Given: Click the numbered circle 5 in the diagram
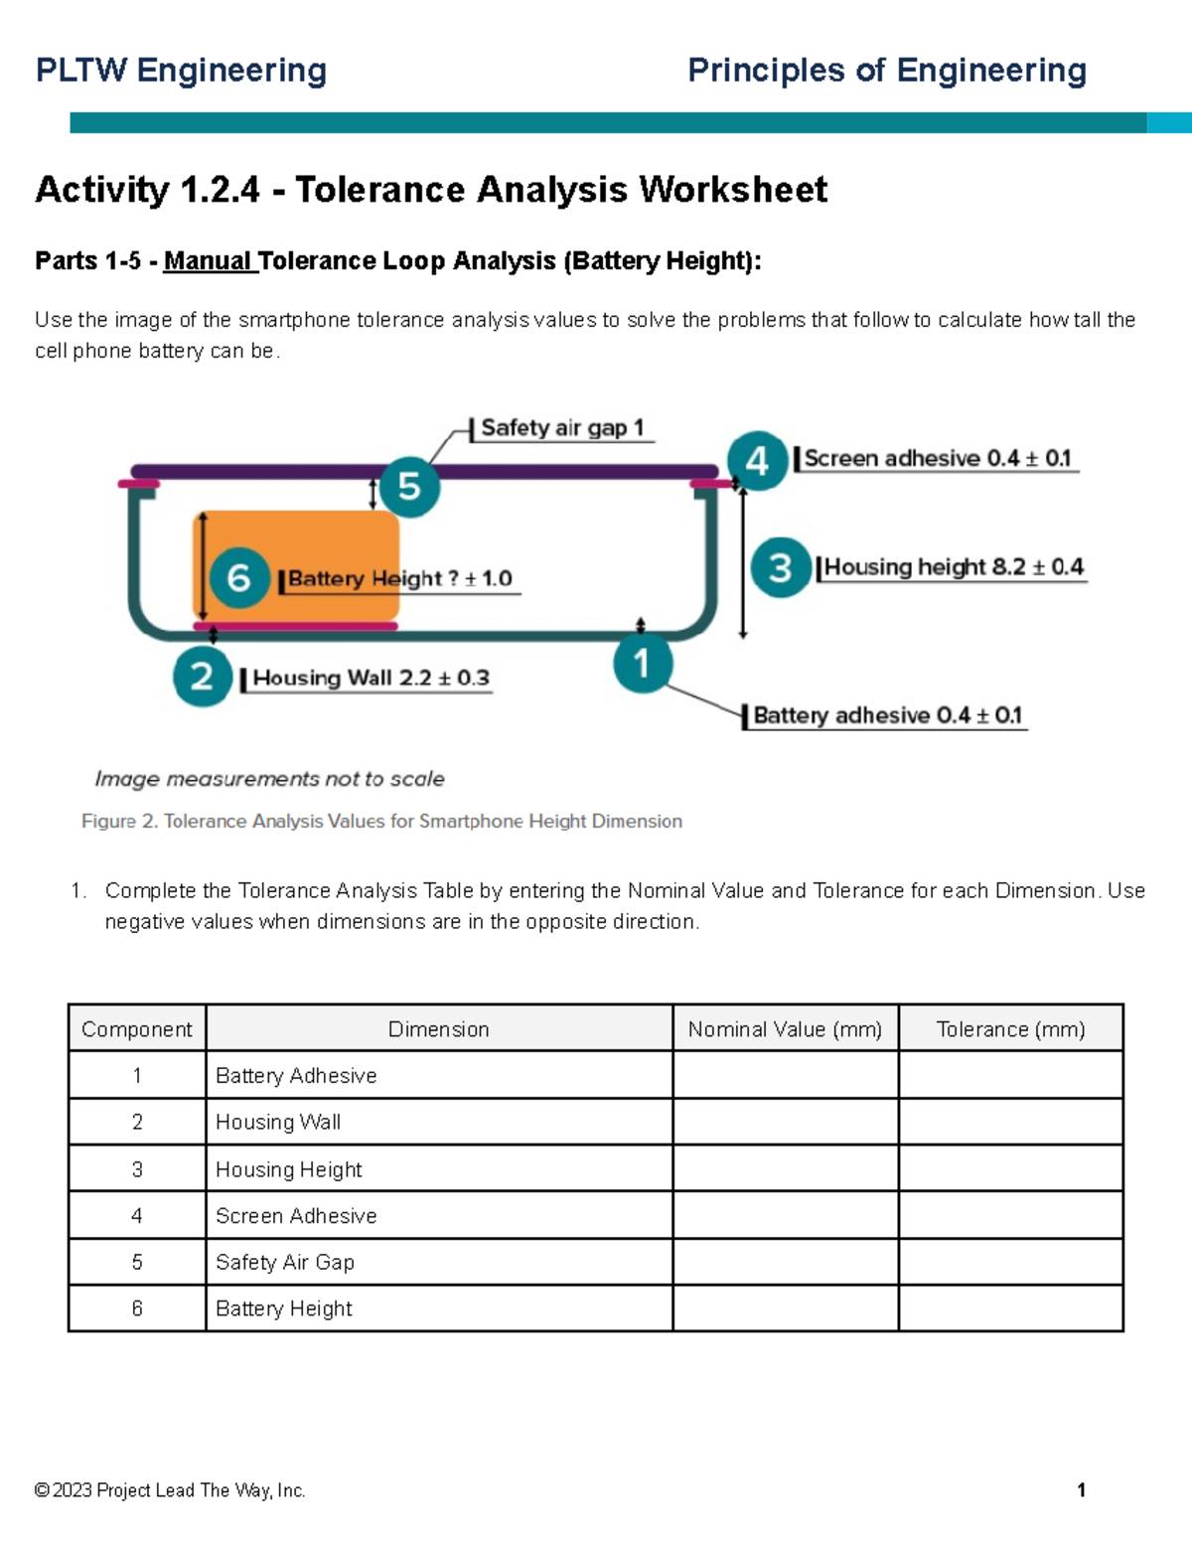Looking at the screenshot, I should click(409, 487).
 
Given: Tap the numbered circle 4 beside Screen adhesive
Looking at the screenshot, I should click(757, 461).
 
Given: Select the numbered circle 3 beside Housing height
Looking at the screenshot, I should click(781, 567).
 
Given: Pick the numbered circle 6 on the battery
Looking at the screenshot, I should click(239, 577).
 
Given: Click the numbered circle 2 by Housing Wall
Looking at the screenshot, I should click(203, 677).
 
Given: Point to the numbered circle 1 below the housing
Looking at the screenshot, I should click(642, 663).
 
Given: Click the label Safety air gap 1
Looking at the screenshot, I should click(561, 428).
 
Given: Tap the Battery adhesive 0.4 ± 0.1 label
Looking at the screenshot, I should click(886, 715).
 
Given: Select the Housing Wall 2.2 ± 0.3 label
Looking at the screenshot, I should click(371, 679).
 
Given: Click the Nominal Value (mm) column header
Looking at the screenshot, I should click(785, 1029).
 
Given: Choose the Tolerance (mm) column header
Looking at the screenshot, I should click(1010, 1029).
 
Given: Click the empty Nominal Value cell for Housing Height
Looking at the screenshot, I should click(785, 1169).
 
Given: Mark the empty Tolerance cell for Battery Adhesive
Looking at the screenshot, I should click(1010, 1075).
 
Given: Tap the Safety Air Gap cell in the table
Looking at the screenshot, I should click(285, 1262).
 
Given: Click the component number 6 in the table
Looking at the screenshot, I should click(137, 1309).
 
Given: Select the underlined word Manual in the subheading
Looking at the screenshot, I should click(208, 261).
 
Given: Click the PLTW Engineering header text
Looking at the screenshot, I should click(181, 71).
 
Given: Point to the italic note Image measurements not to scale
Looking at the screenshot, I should click(269, 779).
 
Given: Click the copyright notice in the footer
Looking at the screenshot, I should click(170, 1490).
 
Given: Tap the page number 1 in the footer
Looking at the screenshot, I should click(1081, 1490).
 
